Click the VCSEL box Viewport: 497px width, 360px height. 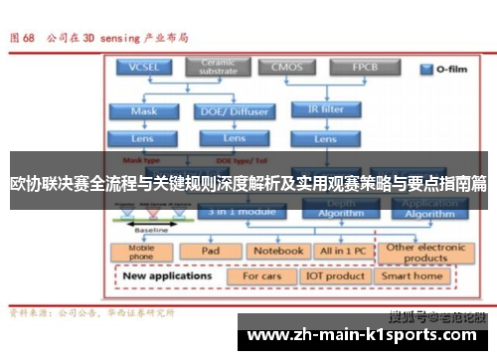tap(143, 69)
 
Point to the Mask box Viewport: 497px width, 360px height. tap(143, 111)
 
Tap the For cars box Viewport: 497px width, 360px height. tap(262, 275)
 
